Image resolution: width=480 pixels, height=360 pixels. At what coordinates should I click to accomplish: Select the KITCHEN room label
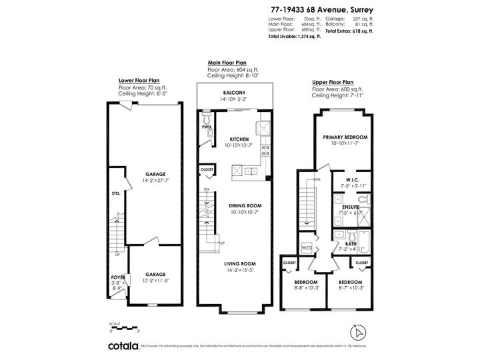coord(239,139)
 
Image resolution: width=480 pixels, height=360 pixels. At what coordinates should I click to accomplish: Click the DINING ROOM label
coord(239,206)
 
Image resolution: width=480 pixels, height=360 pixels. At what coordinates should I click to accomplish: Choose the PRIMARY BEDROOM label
coord(345,137)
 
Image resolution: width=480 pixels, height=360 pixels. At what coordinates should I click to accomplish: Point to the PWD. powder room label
coord(207,125)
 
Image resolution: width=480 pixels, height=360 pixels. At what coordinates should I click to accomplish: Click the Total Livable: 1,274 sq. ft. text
coord(295,36)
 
